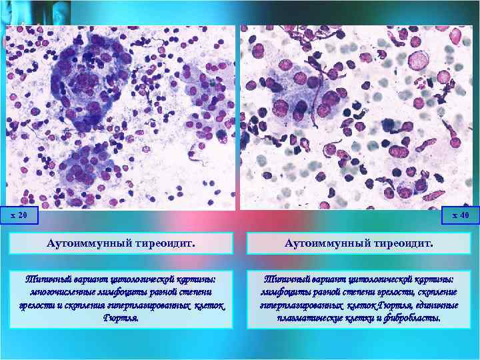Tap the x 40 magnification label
[x=461, y=215]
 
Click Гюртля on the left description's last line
[x=121, y=318]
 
